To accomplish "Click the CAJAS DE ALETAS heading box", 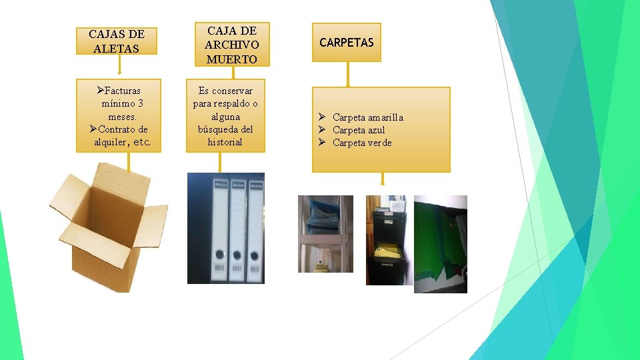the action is tap(117, 41).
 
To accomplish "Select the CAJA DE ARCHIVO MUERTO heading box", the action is tap(231, 45).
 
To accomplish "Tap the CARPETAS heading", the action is tap(347, 43).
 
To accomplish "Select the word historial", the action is tap(225, 142).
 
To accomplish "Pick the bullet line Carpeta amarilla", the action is tap(367, 117).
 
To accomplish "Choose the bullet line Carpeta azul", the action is tap(359, 130).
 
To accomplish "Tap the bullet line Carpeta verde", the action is tap(362, 143).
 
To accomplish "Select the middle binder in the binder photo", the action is tap(237, 228).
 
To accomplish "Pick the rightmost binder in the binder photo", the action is tap(255, 228).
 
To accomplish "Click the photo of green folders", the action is tap(441, 244).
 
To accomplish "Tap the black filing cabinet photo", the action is tap(386, 240).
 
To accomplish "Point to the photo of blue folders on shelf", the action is tap(325, 233).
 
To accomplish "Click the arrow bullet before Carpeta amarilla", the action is tap(321, 117).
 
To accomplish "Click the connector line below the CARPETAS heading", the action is tap(347, 75).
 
